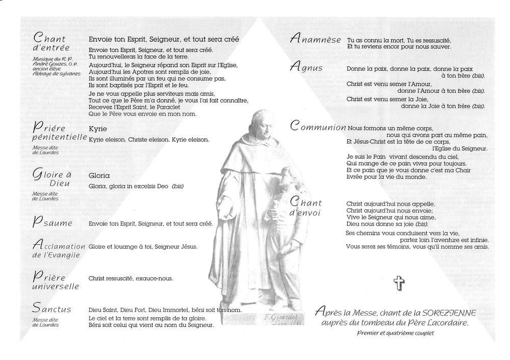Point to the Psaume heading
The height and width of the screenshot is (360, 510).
52,223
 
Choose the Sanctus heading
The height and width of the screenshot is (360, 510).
51,308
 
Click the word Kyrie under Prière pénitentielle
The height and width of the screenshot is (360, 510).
97,129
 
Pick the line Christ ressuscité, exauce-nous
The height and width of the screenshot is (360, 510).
131,278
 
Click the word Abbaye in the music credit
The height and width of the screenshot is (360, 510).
43,74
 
